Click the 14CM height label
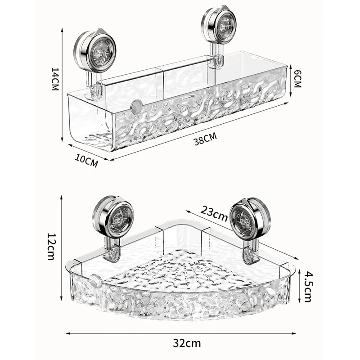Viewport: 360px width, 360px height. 55,79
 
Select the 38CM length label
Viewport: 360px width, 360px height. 205,139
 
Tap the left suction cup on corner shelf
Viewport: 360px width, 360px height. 114,218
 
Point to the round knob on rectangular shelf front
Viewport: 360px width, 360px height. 136,107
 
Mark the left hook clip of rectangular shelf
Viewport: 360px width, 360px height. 95,89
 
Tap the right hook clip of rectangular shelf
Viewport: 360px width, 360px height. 218,61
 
